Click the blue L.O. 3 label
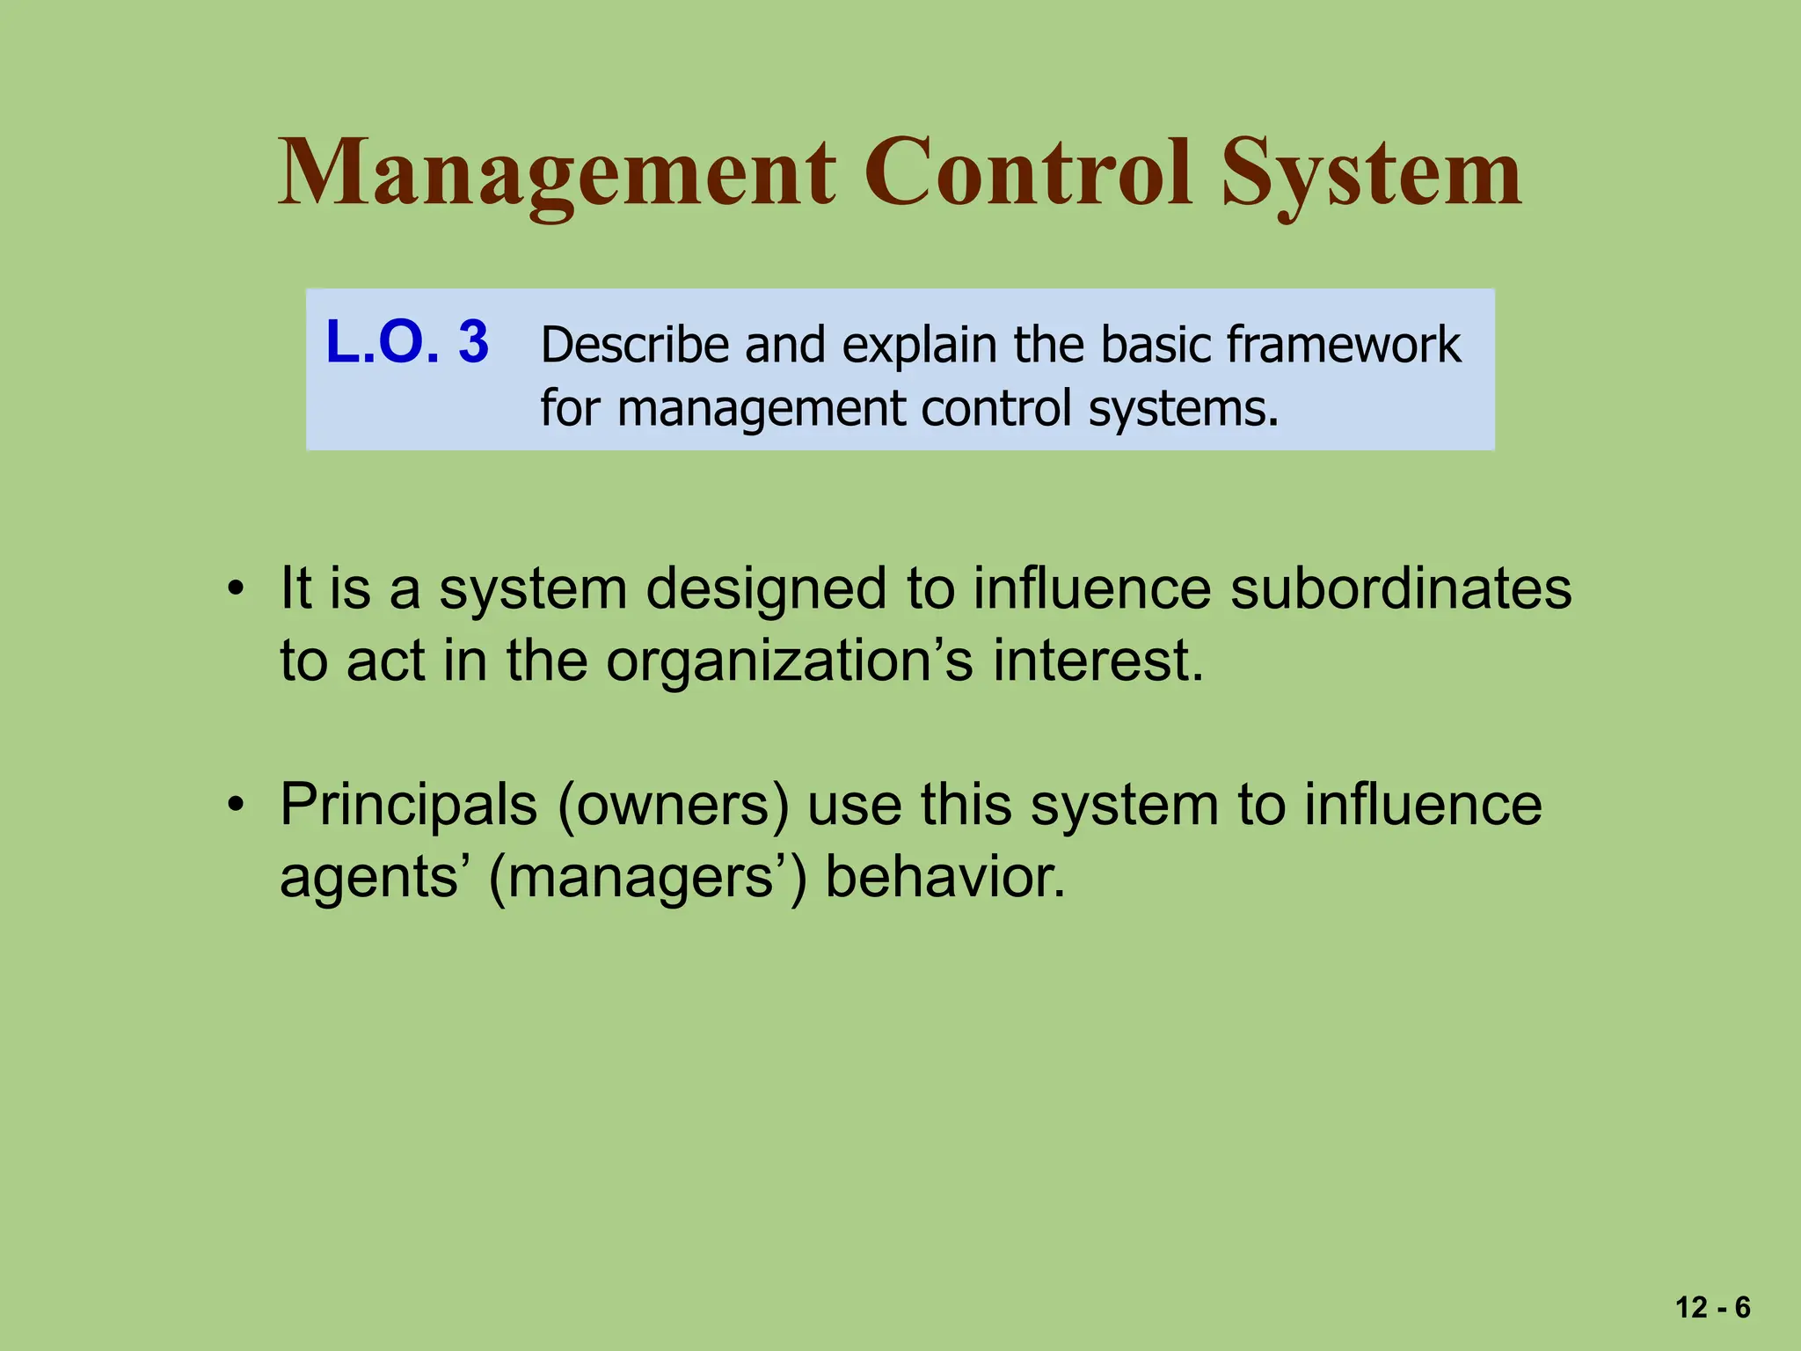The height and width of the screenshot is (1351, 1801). pos(407,342)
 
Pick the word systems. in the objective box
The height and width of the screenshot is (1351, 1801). pos(1184,409)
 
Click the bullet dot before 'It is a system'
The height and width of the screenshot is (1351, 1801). pos(235,588)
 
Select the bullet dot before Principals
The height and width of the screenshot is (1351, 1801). pos(235,805)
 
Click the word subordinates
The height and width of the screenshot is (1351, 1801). pos(1400,588)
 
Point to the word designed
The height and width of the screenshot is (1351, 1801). pos(766,590)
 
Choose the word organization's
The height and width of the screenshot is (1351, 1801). pos(789,661)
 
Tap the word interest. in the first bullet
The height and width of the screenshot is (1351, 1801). pos(1098,661)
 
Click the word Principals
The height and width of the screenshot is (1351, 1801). pos(408,806)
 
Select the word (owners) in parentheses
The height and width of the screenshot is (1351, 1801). pos(673,806)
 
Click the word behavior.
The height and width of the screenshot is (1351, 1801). pos(945,877)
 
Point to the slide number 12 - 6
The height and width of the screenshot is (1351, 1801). pos(1712,1308)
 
